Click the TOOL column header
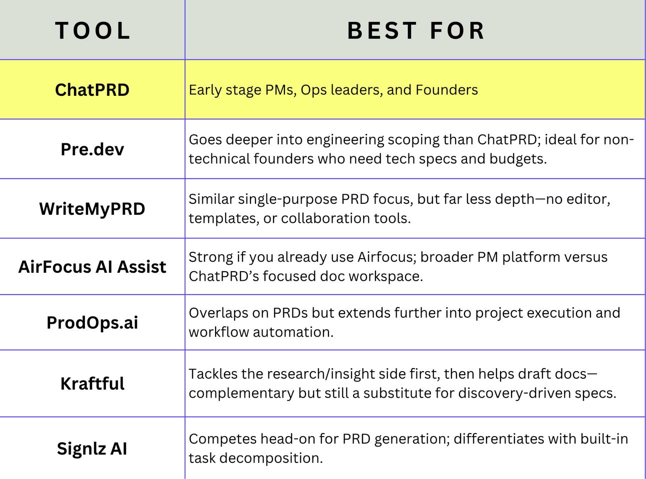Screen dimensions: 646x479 [92, 30]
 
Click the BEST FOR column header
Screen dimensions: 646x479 [416, 30]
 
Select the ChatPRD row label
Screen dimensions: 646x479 [92, 89]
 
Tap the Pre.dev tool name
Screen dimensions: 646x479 [92, 149]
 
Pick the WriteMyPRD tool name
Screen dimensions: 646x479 [92, 209]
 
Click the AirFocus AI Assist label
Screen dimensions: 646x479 [92, 267]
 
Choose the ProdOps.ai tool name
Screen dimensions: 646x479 [92, 323]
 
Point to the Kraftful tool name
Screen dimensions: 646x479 [92, 383]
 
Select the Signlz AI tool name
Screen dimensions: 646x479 [92, 448]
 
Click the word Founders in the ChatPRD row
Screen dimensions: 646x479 [447, 89]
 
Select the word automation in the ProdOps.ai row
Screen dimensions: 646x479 [293, 332]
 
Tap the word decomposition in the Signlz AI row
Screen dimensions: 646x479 [271, 459]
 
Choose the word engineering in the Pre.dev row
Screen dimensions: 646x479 [345, 140]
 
